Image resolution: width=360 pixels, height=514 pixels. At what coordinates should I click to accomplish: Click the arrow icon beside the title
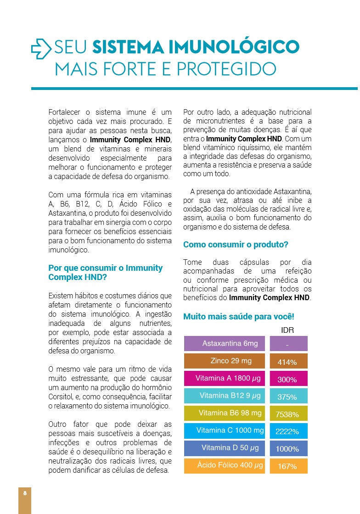[x=42, y=49]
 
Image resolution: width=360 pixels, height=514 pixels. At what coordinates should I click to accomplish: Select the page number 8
[x=25, y=493]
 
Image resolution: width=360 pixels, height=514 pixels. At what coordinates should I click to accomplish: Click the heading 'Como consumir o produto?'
[x=236, y=245]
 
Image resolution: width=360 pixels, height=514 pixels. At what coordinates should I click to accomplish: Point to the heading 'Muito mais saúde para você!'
[x=238, y=317]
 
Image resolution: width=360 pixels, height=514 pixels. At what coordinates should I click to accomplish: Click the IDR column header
[x=287, y=330]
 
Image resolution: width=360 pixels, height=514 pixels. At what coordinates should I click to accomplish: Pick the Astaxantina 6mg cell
[x=225, y=344]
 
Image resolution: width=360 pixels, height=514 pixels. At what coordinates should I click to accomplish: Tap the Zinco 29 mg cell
[x=225, y=361]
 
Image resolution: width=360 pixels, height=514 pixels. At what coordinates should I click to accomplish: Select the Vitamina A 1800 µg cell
[x=225, y=379]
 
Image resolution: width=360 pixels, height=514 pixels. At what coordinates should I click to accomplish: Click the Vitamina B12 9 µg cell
[x=225, y=396]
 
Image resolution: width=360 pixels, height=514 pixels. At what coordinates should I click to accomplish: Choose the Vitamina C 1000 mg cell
[x=225, y=430]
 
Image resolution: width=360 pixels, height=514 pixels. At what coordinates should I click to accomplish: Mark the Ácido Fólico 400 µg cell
[x=225, y=465]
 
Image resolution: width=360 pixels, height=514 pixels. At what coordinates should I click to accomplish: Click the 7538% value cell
[x=288, y=414]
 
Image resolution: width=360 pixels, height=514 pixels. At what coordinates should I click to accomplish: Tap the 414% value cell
[x=288, y=362]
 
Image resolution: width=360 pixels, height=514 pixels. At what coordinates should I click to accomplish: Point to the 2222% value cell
[x=288, y=431]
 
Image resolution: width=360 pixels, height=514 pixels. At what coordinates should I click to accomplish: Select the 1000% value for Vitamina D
[x=288, y=449]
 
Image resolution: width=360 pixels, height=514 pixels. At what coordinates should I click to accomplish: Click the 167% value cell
[x=288, y=466]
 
